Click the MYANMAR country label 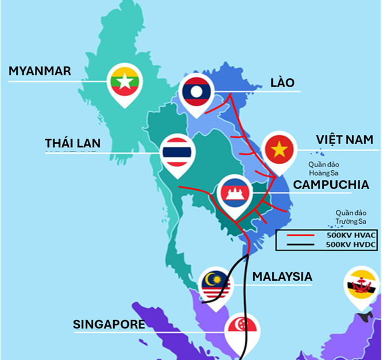39,71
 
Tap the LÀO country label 282,83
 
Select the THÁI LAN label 73,143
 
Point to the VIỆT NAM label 344,139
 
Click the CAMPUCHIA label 331,184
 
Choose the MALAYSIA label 282,276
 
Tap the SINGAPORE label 109,325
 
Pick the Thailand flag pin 177,152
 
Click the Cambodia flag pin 234,193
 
